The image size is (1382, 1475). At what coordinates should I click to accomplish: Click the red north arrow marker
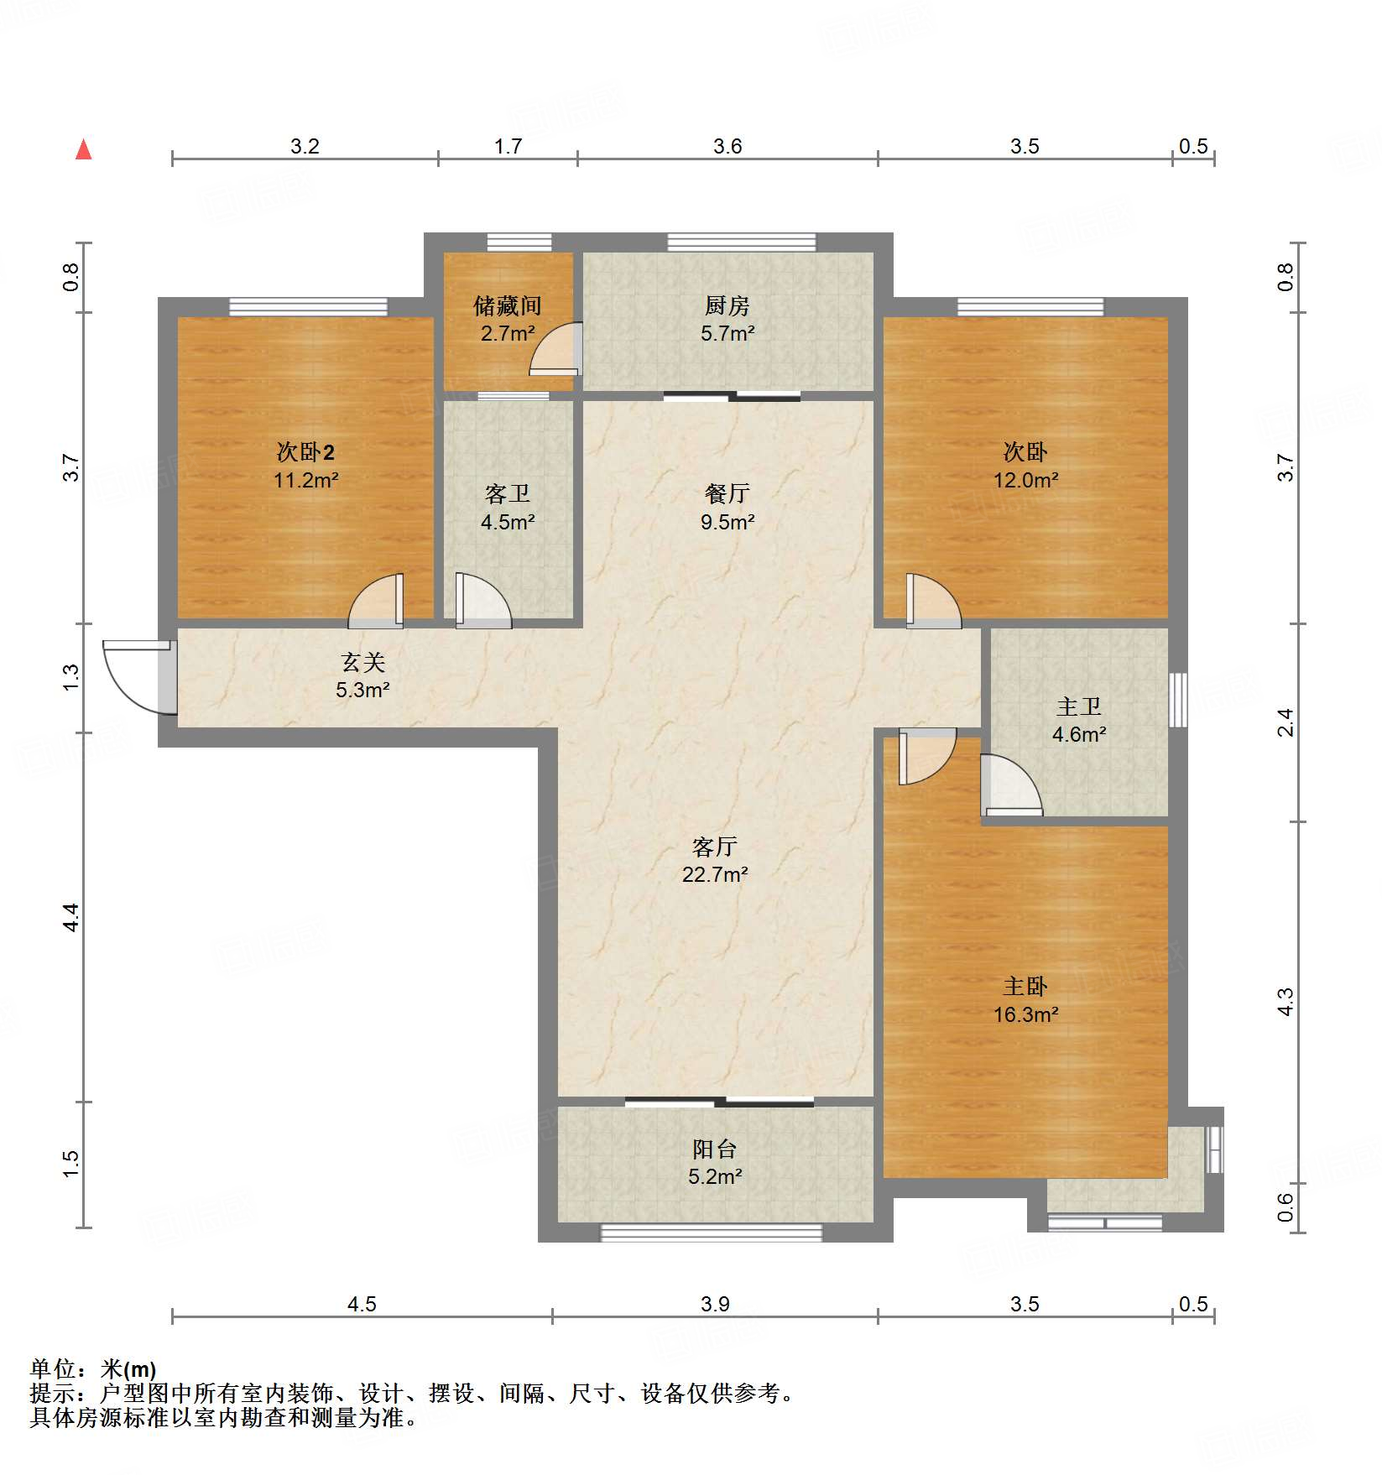click(84, 150)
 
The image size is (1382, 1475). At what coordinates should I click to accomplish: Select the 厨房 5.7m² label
click(727, 319)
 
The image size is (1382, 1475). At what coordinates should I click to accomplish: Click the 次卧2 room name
click(305, 453)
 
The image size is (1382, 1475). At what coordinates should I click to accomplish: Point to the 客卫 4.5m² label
click(507, 508)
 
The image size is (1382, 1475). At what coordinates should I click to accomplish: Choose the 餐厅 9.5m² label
click(727, 508)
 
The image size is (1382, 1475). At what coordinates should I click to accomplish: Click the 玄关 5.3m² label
click(362, 676)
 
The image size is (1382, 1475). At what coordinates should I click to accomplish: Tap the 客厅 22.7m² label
click(714, 860)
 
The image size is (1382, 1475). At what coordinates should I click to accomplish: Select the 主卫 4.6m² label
click(1078, 721)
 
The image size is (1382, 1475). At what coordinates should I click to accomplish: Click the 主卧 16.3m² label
click(1025, 1000)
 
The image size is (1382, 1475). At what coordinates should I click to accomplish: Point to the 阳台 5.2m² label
click(714, 1162)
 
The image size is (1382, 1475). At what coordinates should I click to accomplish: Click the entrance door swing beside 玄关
click(134, 676)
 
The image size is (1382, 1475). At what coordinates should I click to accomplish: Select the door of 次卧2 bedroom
click(375, 602)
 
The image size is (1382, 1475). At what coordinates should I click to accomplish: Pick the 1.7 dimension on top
click(508, 146)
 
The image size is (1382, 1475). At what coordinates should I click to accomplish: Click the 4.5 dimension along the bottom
click(362, 1304)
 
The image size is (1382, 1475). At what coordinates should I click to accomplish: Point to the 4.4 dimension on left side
click(71, 917)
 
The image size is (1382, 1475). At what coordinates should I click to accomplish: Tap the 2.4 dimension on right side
click(1286, 722)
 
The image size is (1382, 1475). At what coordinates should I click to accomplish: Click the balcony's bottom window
click(711, 1232)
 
